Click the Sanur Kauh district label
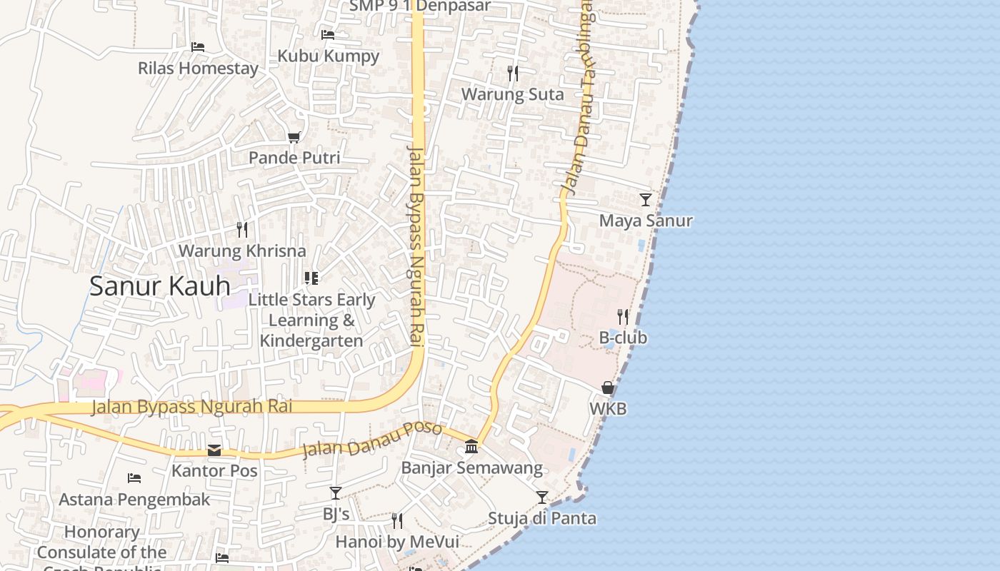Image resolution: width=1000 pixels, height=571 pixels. (160, 286)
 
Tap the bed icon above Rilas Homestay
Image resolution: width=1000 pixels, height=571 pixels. (198, 47)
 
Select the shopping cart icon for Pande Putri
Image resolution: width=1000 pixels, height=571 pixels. (294, 136)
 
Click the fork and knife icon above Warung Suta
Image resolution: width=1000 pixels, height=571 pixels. (512, 73)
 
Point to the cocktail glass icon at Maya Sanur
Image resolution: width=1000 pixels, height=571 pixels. (646, 199)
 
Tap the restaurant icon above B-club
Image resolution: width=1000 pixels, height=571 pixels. (623, 316)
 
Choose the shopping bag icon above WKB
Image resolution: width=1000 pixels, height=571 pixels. (608, 388)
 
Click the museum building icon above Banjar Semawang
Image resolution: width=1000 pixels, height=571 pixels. (471, 447)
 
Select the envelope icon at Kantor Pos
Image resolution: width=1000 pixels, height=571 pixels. (214, 450)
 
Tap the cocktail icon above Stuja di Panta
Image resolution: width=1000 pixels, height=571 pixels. (542, 497)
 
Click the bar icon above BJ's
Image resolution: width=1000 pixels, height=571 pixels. (336, 492)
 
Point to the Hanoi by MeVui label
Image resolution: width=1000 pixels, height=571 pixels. (397, 542)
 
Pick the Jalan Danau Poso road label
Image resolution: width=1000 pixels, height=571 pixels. (371, 440)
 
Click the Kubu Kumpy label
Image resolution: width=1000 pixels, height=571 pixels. (328, 56)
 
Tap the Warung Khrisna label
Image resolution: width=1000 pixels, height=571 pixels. (242, 251)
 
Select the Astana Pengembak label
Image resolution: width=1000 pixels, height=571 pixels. (134, 500)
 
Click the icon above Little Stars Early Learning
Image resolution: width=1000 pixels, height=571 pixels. (311, 278)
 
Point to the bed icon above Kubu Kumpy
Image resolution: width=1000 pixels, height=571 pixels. (328, 34)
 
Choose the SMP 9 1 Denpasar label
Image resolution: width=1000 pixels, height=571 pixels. (420, 6)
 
